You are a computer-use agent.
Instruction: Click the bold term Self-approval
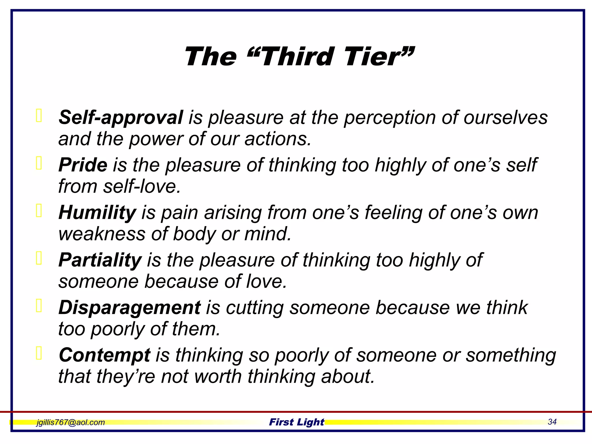(x=121, y=118)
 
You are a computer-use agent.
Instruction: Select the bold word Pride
(x=83, y=165)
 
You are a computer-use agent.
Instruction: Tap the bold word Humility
(x=97, y=213)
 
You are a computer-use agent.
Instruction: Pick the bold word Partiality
(x=100, y=260)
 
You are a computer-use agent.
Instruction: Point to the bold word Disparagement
(x=129, y=308)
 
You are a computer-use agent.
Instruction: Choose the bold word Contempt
(x=105, y=355)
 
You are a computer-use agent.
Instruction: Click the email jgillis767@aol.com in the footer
(x=71, y=422)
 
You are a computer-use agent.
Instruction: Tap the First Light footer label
(x=297, y=422)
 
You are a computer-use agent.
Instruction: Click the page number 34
(x=552, y=422)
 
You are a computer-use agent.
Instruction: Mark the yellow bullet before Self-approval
(x=39, y=116)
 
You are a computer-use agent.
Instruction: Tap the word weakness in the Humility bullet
(x=102, y=234)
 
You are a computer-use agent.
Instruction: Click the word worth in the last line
(x=215, y=376)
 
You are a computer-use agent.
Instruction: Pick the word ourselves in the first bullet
(x=506, y=118)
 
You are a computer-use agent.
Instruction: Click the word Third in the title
(x=298, y=57)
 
